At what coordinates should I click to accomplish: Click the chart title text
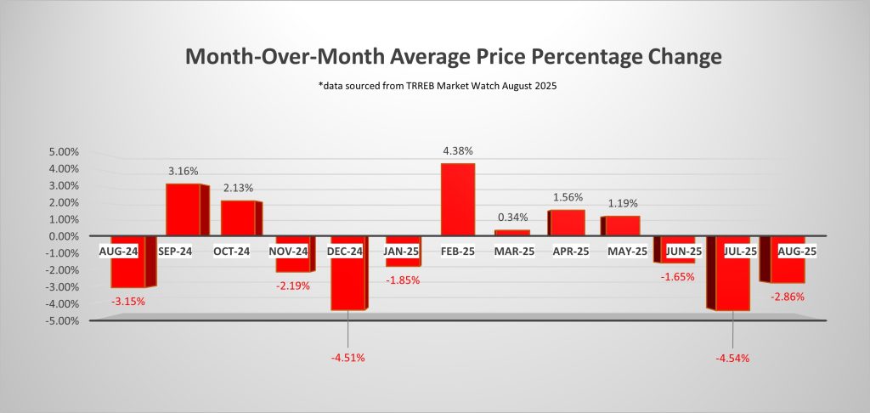pos(454,58)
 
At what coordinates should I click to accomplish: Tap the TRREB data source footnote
pos(454,87)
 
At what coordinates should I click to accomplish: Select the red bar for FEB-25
pos(458,199)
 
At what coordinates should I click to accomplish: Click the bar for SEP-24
pos(184,209)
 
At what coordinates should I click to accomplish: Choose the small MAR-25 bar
pos(512,232)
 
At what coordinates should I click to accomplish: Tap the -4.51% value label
pos(348,358)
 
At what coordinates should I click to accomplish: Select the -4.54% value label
pos(732,358)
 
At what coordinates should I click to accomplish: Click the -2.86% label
pos(787,297)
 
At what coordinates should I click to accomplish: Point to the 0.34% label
pos(512,219)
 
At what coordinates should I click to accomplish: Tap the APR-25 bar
pos(568,223)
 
